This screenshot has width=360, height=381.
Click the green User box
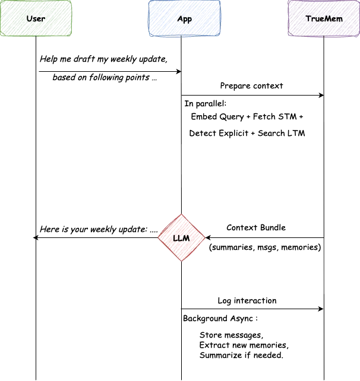36,19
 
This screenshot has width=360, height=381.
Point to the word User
36,19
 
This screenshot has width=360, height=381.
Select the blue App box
185,19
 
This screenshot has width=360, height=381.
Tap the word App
185,19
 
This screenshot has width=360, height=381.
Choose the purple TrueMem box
324,19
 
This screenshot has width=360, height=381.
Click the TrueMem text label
324,19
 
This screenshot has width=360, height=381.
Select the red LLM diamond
182,238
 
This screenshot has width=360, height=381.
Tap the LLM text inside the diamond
182,239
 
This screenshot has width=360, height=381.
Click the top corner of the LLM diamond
182,215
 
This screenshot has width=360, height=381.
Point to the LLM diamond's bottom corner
182,261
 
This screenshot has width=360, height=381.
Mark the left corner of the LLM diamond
159,238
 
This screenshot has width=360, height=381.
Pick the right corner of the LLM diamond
205,238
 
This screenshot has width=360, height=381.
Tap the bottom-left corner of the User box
1,36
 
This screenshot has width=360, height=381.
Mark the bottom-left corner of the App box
149,36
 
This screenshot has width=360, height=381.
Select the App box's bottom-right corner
222,36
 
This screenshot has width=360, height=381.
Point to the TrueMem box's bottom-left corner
288,36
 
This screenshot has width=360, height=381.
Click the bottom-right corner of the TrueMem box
359,36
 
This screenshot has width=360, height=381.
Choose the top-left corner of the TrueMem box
288,1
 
